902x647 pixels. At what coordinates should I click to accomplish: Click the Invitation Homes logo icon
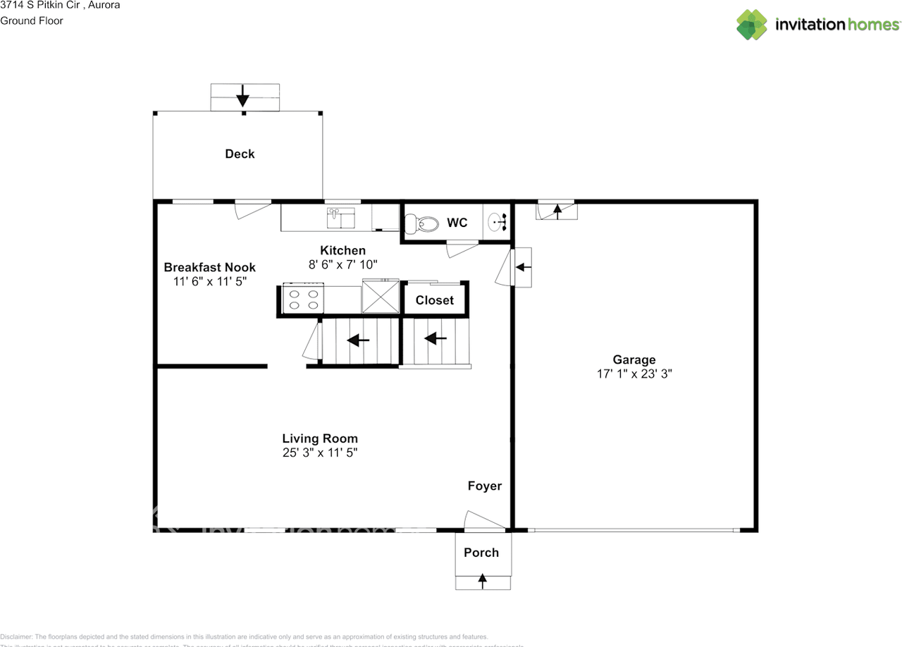(752, 25)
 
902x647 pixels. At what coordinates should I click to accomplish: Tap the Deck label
(240, 154)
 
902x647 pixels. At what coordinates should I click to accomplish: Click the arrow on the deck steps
(243, 95)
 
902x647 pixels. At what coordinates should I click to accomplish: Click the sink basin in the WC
(498, 223)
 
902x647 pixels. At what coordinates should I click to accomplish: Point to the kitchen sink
(341, 218)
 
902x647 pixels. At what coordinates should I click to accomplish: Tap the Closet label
(435, 300)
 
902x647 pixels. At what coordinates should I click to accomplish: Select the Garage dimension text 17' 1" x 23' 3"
(634, 374)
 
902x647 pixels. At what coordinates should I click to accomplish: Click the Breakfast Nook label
(209, 267)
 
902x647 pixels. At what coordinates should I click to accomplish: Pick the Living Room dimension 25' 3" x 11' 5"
(320, 453)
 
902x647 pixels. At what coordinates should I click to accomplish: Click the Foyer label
(485, 486)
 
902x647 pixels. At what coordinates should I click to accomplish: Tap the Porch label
(481, 553)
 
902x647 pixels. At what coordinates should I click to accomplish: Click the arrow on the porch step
(482, 581)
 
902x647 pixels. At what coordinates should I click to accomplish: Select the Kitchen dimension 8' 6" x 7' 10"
(343, 265)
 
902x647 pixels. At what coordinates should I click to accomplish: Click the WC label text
(457, 223)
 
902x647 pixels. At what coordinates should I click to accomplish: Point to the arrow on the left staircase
(359, 341)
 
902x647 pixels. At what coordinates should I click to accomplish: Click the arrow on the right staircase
(435, 339)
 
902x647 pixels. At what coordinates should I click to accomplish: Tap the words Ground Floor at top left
(32, 20)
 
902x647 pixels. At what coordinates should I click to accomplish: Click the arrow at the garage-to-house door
(522, 267)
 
